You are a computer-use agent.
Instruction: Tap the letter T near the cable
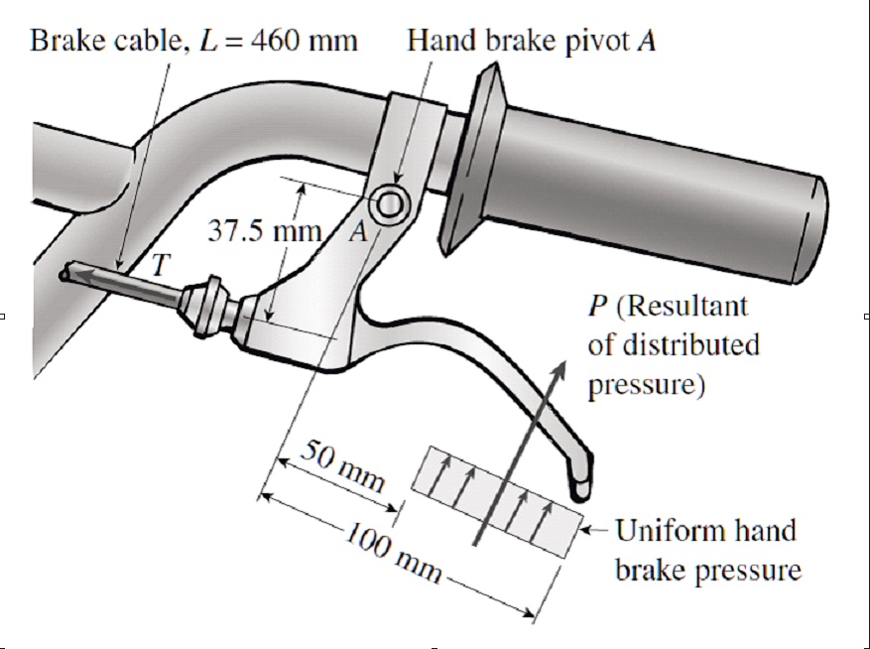(x=160, y=264)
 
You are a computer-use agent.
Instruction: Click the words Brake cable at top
(x=95, y=42)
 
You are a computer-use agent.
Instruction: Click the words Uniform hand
(x=705, y=530)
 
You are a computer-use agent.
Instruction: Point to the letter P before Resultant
(x=598, y=307)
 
